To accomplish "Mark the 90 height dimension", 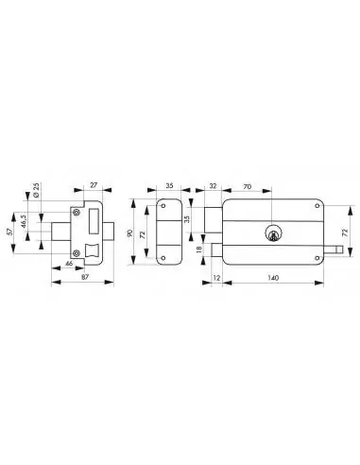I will pyautogui.click(x=129, y=230).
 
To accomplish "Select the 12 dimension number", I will pyautogui.click(x=217, y=280).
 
